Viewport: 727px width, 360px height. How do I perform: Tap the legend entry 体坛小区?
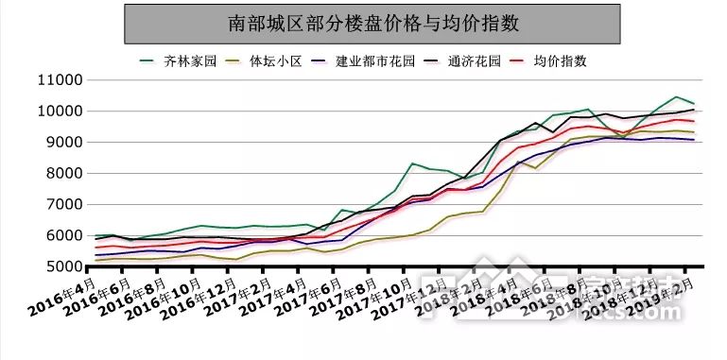coord(275,61)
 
